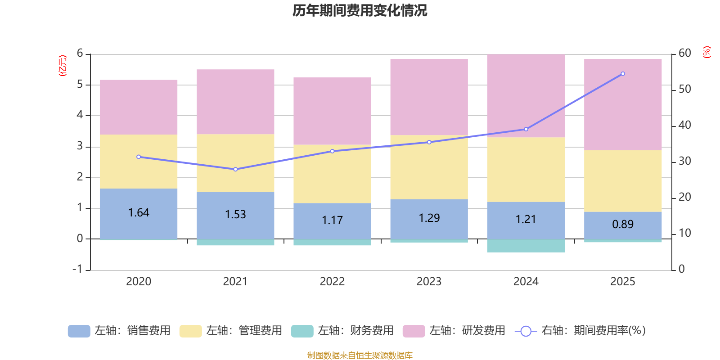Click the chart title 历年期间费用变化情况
pyautogui.click(x=360, y=10)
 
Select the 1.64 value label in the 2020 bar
pyautogui.click(x=139, y=212)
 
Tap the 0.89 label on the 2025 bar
pyautogui.click(x=623, y=224)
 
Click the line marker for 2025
pyautogui.click(x=623, y=74)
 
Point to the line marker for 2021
pyautogui.click(x=235, y=169)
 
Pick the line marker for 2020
pyautogui.click(x=139, y=157)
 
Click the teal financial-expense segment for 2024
pyautogui.click(x=526, y=246)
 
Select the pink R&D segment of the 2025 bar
pyautogui.click(x=623, y=104)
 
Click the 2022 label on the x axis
pyautogui.click(x=332, y=282)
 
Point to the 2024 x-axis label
pyautogui.click(x=526, y=282)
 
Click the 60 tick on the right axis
pyautogui.click(x=684, y=53)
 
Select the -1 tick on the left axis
pyautogui.click(x=78, y=269)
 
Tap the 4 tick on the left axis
pyautogui.click(x=80, y=115)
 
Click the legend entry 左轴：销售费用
pyautogui.click(x=119, y=331)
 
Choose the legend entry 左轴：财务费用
pyautogui.click(x=342, y=331)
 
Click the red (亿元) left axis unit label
pyautogui.click(x=63, y=66)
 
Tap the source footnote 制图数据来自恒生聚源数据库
pyautogui.click(x=360, y=355)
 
